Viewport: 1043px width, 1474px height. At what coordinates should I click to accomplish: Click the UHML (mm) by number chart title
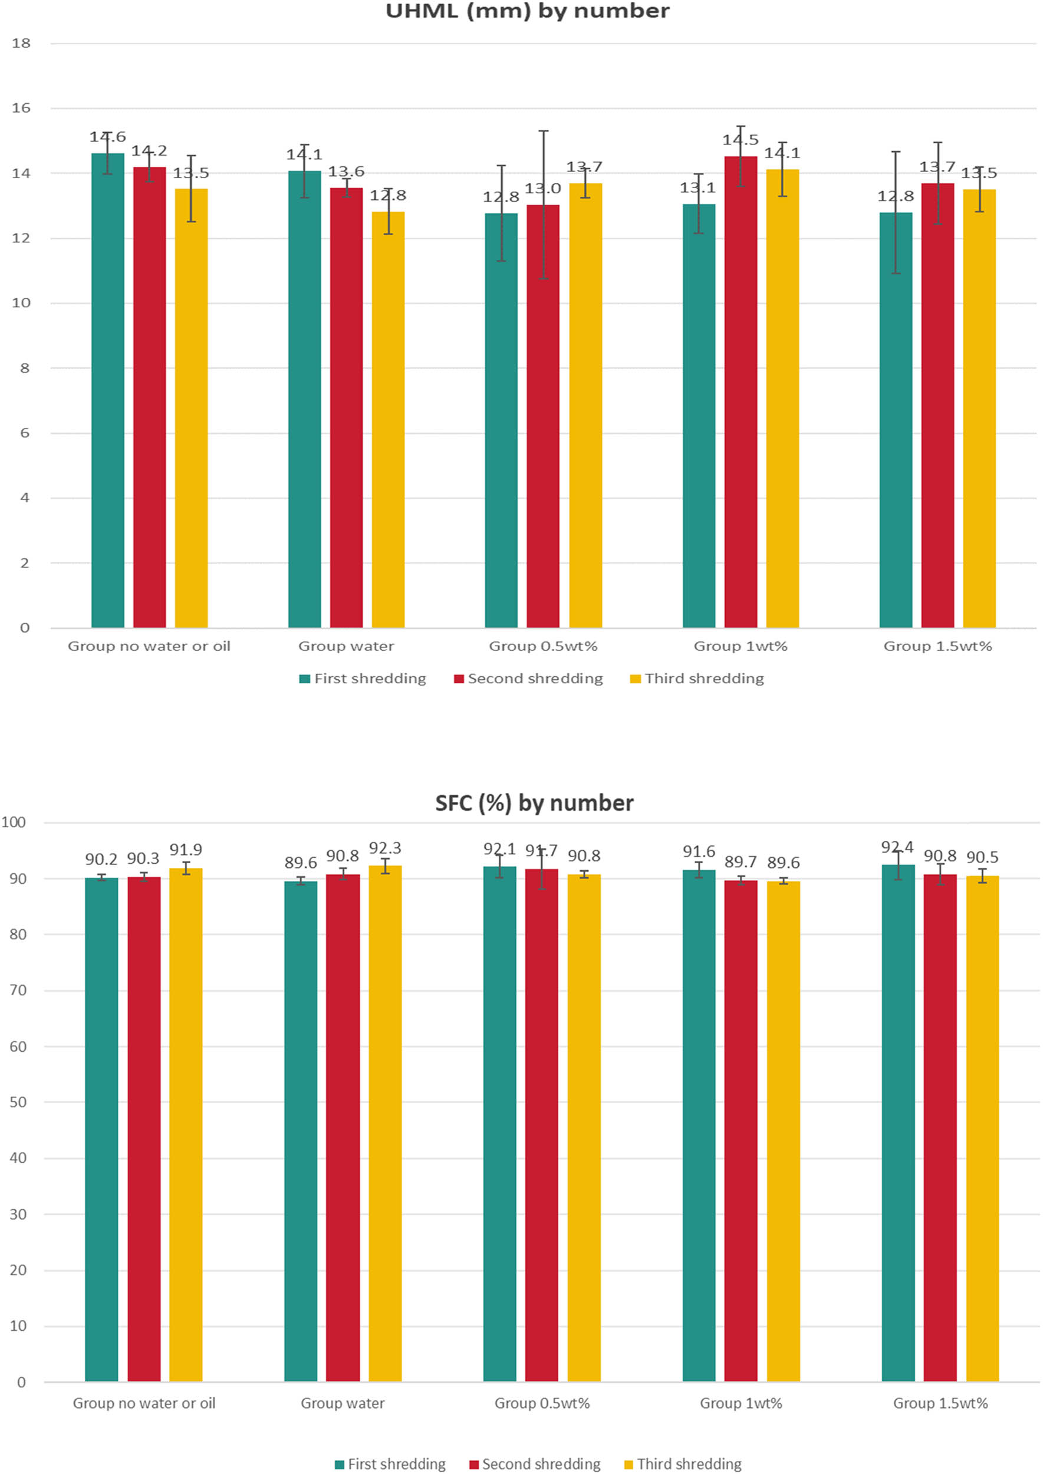point(527,11)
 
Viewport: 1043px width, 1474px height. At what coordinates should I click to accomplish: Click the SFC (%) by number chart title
point(534,804)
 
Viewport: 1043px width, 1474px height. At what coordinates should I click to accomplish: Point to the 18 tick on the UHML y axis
point(21,44)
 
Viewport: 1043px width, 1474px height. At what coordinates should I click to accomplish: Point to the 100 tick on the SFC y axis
point(14,822)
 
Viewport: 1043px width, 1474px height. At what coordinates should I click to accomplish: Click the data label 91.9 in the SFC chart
point(186,850)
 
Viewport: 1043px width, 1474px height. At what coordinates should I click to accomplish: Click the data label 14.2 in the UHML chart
point(149,152)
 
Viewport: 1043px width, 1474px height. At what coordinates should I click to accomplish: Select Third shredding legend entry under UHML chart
point(704,679)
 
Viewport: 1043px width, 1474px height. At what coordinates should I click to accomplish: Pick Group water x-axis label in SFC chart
point(343,1403)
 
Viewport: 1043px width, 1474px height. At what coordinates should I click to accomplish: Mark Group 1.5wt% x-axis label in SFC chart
point(940,1403)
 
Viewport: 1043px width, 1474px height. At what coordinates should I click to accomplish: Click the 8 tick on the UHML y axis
point(24,368)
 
